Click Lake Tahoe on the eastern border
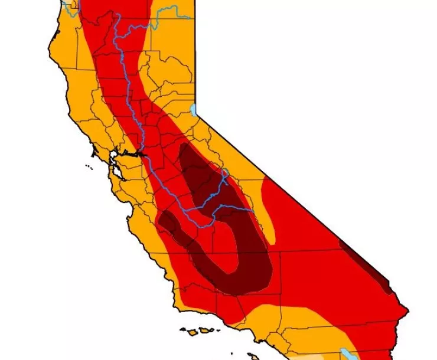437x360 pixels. coord(194,110)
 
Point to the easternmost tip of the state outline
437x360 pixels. coord(407,310)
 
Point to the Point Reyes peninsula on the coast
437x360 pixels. coord(94,152)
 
